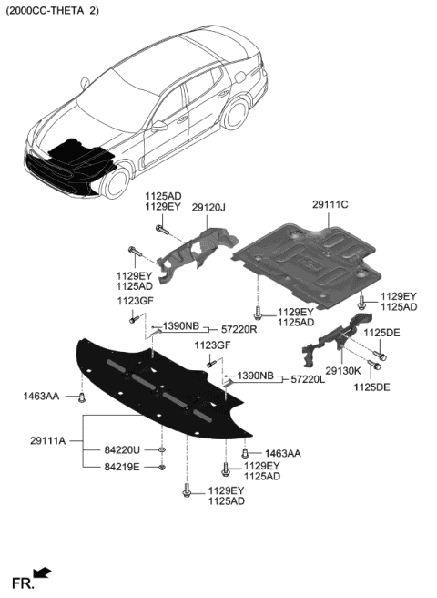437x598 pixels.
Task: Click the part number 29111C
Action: tap(325, 205)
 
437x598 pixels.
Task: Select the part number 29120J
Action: tap(208, 208)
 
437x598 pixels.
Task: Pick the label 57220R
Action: tap(239, 328)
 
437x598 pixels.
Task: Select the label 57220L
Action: tap(308, 377)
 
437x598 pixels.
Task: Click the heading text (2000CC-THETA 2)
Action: tap(53, 10)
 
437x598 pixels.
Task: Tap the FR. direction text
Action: tap(20, 582)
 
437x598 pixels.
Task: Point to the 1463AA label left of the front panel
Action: tap(41, 396)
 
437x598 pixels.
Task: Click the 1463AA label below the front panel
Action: tap(283, 453)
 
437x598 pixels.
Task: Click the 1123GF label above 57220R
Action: tap(134, 301)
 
